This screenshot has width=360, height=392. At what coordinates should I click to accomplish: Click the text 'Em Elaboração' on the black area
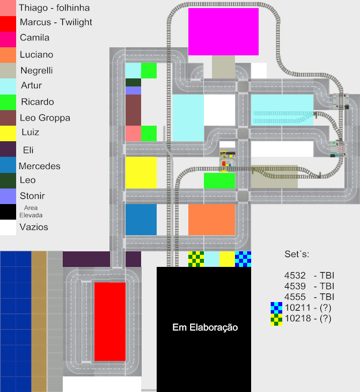tap(204, 327)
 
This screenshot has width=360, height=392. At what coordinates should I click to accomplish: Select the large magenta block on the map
tap(223, 31)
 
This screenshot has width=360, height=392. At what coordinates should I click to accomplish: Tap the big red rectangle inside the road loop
tap(109, 321)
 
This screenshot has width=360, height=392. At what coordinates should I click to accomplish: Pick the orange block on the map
tap(211, 219)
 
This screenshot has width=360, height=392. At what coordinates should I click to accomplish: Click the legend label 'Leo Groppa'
tap(45, 118)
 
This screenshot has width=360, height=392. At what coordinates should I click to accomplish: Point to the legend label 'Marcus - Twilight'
tap(56, 22)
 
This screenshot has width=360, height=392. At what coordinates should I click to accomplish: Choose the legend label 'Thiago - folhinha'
tap(54, 8)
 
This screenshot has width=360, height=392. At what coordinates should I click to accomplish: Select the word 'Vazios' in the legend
tap(34, 227)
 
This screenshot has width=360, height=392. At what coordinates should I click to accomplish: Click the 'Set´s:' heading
tap(297, 254)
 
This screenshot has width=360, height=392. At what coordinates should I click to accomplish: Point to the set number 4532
tap(295, 276)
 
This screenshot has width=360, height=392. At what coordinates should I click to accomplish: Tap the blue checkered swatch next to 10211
tap(276, 307)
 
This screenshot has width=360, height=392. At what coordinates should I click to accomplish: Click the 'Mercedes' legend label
tap(39, 166)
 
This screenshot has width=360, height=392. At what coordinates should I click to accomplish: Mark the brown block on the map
tap(133, 110)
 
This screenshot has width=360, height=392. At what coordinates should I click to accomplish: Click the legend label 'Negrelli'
tap(36, 70)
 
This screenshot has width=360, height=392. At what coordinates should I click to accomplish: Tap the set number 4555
tap(295, 296)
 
